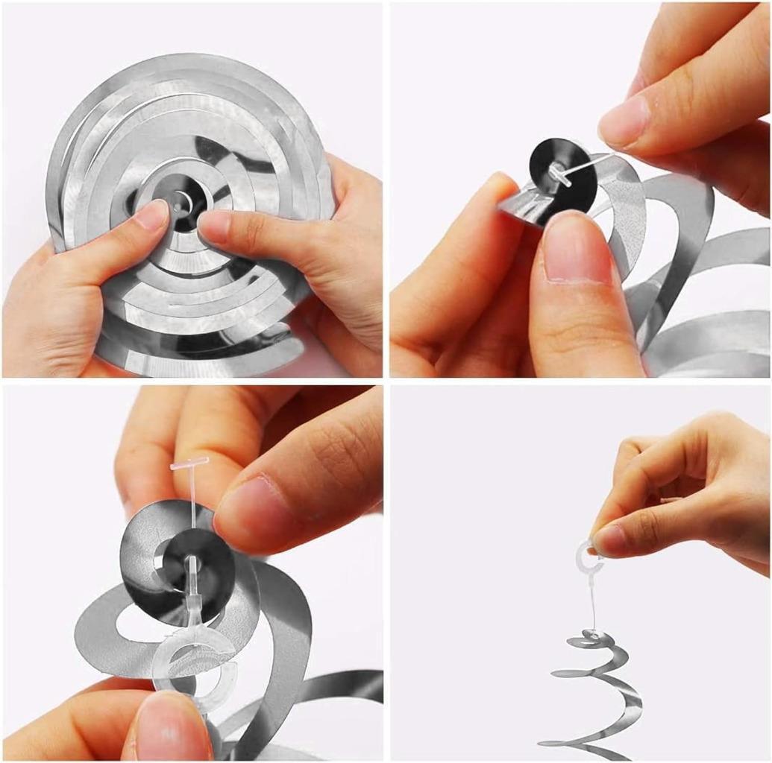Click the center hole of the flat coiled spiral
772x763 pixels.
click(180, 200)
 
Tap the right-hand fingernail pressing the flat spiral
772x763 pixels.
click(215, 224)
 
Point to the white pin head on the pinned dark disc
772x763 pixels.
click(558, 174)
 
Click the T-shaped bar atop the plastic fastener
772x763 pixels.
click(189, 464)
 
